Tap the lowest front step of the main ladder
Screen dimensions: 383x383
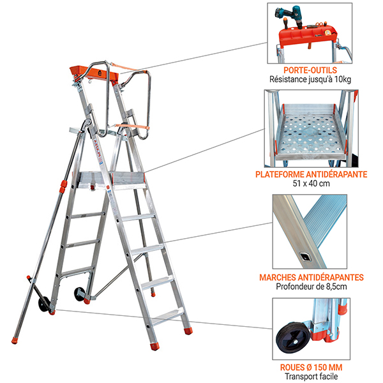168,313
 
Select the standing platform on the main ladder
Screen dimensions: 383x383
112,181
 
